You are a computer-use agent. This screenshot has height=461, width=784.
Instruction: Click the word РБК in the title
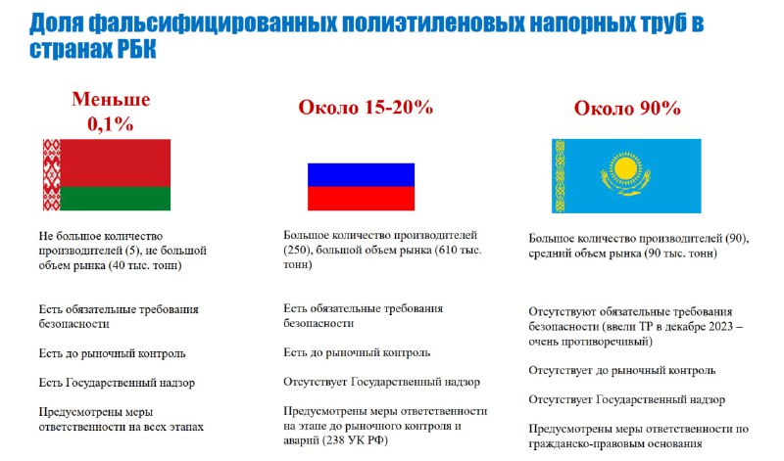pos(137,50)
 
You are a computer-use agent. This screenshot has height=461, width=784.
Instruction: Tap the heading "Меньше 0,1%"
pos(111,112)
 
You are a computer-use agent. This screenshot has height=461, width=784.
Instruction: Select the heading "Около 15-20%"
pos(366,108)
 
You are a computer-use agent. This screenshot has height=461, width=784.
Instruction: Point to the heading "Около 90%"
pos(627,109)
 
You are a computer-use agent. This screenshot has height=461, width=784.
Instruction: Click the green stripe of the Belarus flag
pos(115,199)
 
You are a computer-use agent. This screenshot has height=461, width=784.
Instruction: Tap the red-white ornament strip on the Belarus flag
pos(52,175)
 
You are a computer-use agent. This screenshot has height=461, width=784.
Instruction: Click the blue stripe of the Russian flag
pos(361,175)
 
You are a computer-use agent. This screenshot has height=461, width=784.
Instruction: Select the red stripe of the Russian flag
pos(361,199)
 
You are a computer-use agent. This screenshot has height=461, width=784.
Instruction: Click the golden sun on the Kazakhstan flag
pos(625,168)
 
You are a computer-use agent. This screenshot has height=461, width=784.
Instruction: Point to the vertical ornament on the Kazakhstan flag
pos(560,176)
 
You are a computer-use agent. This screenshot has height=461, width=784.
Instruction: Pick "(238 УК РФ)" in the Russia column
pos(356,440)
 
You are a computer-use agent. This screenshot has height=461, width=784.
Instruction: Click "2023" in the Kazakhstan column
pos(721,327)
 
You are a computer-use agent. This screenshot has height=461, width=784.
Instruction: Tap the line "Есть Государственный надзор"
pos(117,383)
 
